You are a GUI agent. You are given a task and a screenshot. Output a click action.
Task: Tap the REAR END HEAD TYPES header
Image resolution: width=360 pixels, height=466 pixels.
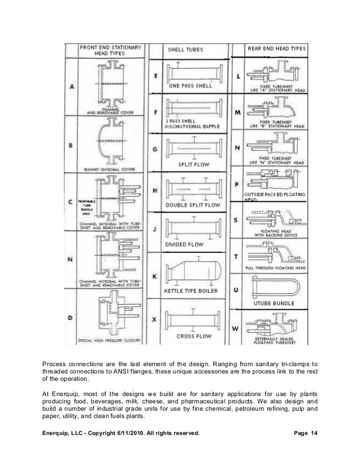[276, 49]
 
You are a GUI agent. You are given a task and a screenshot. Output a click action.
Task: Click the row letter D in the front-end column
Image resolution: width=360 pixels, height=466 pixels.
[71, 318]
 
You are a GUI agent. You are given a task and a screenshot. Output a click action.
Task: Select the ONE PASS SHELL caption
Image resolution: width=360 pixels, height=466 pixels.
[190, 86]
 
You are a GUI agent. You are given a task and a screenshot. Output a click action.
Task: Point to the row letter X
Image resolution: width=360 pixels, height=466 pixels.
[155, 319]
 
